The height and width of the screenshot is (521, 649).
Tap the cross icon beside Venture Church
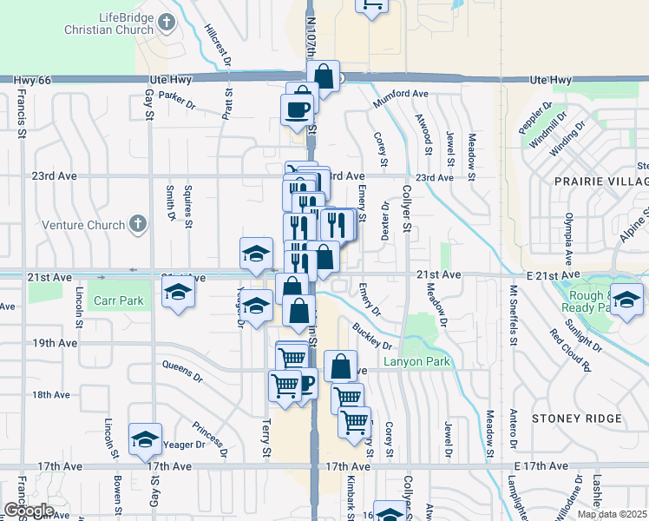coord(136,225)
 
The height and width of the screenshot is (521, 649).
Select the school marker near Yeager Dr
coord(145,439)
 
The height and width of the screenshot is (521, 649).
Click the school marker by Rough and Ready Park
coord(626,298)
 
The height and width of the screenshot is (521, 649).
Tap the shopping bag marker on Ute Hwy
coord(324,77)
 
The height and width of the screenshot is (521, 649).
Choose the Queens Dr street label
coord(181,379)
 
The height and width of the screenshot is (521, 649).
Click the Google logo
coord(28,511)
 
